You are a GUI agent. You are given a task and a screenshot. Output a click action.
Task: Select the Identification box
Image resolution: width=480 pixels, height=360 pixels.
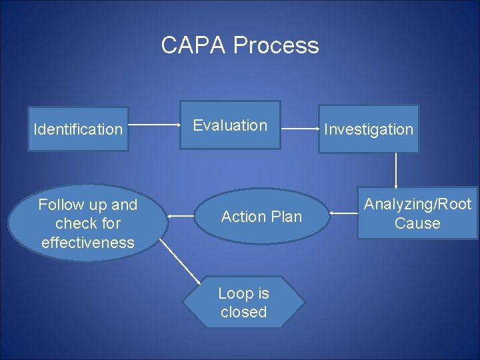[78, 129]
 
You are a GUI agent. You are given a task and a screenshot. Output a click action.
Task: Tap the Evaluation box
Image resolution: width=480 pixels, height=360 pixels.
[230, 125]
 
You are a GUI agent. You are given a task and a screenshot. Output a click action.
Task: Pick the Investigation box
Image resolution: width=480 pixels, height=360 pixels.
[369, 129]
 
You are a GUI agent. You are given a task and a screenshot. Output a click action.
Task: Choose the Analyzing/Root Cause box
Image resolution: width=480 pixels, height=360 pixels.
[417, 213]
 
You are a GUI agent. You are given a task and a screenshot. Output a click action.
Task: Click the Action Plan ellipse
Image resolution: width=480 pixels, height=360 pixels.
[261, 217]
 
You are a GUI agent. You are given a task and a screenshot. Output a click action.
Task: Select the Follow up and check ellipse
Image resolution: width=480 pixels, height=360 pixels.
[87, 223]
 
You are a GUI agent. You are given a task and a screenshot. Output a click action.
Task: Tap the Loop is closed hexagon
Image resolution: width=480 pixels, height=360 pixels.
[243, 303]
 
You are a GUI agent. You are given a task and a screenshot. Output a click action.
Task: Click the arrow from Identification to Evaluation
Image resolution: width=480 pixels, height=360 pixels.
[154, 125]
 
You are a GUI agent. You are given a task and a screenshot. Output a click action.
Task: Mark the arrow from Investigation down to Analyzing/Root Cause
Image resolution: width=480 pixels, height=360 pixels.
[397, 171]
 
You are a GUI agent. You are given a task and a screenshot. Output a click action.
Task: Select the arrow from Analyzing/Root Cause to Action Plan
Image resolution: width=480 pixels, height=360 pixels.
[343, 213]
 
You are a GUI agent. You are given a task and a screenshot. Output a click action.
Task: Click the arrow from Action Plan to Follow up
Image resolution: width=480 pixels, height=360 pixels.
[181, 216]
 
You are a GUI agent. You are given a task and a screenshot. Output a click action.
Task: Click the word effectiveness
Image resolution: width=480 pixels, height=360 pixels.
[87, 243]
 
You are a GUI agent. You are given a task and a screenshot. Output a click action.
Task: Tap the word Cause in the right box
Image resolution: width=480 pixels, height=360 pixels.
[417, 223]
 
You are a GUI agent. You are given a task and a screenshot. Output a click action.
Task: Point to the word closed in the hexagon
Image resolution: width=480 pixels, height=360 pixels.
[243, 312]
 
